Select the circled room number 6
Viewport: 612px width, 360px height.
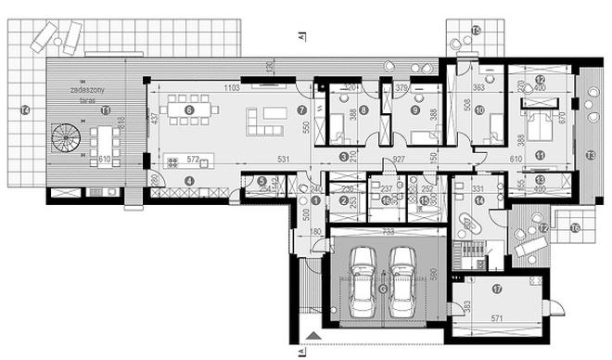(x=190, y=109)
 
